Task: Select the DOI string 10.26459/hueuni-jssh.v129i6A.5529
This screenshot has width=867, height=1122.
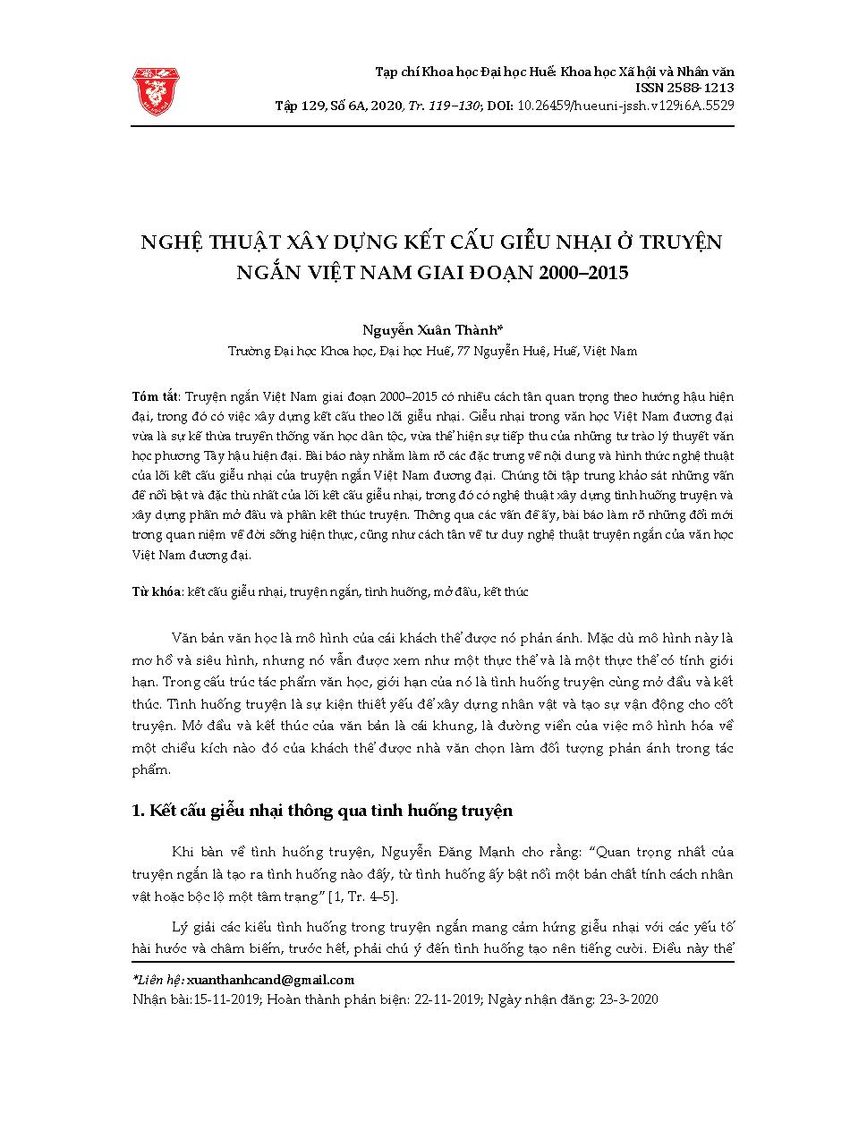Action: [626, 105]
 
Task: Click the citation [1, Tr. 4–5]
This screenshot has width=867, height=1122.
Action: [364, 897]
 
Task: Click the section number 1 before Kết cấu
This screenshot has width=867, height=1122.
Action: [136, 812]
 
